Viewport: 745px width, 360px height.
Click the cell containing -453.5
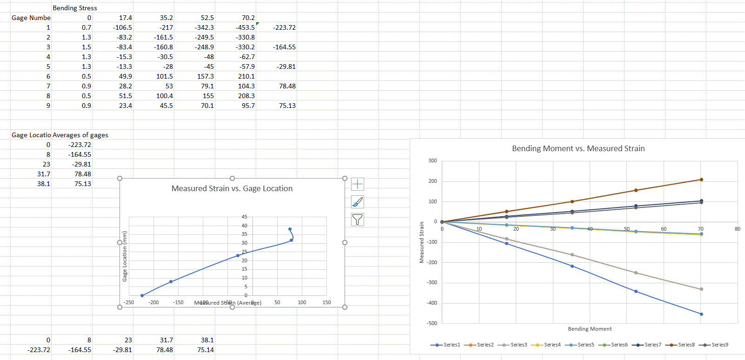pyautogui.click(x=246, y=27)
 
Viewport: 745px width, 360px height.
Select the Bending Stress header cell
pyautogui.click(x=75, y=8)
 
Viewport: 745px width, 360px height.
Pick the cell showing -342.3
pyautogui.click(x=205, y=27)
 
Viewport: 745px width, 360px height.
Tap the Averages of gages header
pyautogui.click(x=80, y=135)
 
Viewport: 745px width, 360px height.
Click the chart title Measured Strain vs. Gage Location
pyautogui.click(x=232, y=188)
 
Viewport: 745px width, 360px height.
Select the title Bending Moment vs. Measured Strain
pyautogui.click(x=578, y=148)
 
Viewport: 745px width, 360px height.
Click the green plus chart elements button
pyautogui.click(x=357, y=184)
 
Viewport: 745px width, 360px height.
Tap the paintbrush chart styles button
pyautogui.click(x=357, y=202)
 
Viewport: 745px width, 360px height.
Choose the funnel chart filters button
pyautogui.click(x=357, y=220)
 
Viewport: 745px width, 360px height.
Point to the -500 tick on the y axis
pyautogui.click(x=432, y=323)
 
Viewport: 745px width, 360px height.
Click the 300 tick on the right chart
pyautogui.click(x=432, y=161)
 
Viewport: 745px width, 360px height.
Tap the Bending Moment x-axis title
pyautogui.click(x=590, y=329)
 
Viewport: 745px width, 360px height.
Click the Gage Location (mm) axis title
pyautogui.click(x=125, y=256)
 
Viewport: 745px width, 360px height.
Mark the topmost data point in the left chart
pyautogui.click(x=290, y=229)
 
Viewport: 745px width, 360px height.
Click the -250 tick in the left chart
pyautogui.click(x=129, y=302)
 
